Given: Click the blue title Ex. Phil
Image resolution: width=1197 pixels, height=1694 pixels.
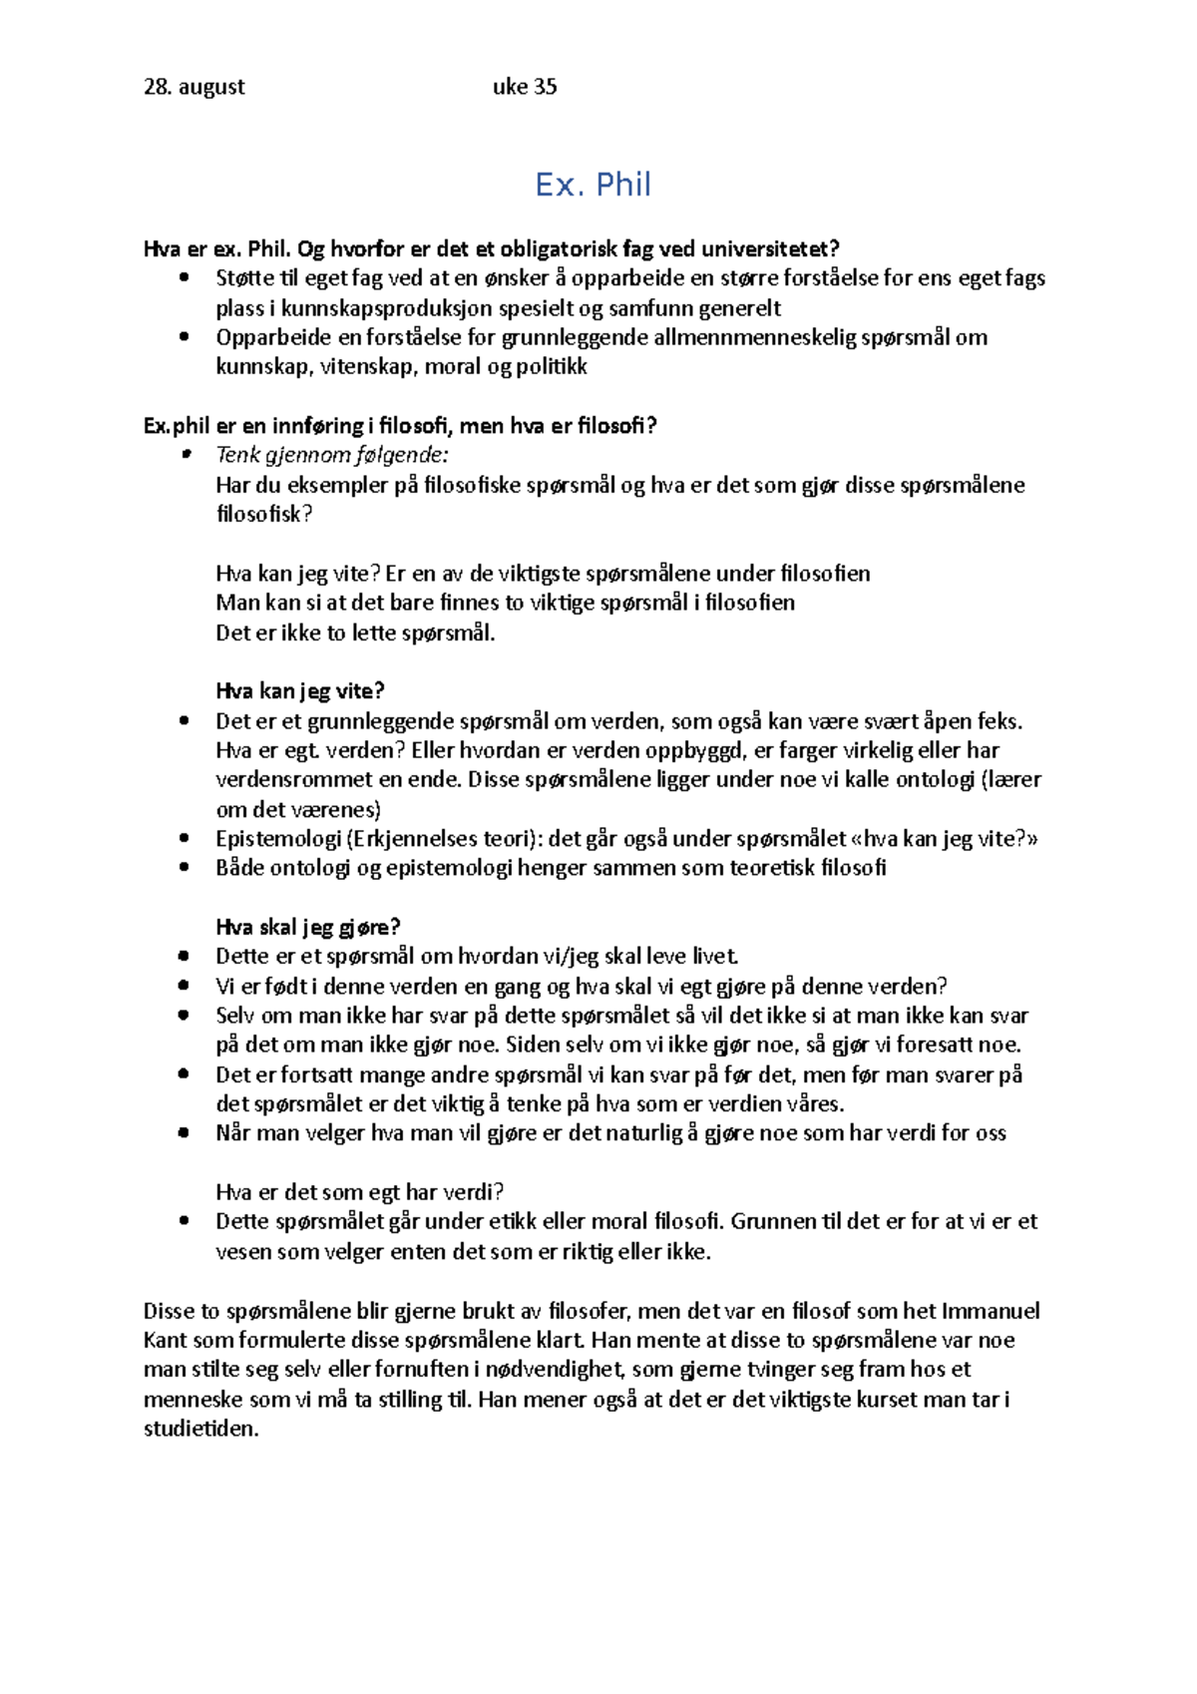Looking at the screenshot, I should [x=593, y=185].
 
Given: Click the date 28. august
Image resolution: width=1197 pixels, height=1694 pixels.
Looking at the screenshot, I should [x=195, y=87].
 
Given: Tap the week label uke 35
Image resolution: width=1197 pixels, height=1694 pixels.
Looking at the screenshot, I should [x=525, y=87].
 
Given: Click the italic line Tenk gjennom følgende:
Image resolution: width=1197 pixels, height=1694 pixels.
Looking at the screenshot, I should [x=332, y=455].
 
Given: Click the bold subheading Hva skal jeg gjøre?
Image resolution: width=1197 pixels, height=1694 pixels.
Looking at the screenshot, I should [x=308, y=927].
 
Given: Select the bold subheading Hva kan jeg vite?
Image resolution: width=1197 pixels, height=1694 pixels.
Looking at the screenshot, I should [x=300, y=691].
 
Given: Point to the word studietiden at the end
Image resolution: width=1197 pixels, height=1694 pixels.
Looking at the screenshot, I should [x=200, y=1429].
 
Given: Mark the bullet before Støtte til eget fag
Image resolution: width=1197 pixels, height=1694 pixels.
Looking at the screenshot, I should [x=184, y=278].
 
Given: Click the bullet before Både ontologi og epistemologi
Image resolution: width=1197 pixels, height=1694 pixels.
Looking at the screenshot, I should [x=184, y=868].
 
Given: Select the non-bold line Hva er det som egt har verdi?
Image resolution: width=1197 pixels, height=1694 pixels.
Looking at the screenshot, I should [x=360, y=1192].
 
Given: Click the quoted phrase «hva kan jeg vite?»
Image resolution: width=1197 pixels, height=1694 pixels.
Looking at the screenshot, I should [x=943, y=839].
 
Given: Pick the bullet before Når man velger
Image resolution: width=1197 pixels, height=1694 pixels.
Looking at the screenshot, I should [x=184, y=1133].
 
